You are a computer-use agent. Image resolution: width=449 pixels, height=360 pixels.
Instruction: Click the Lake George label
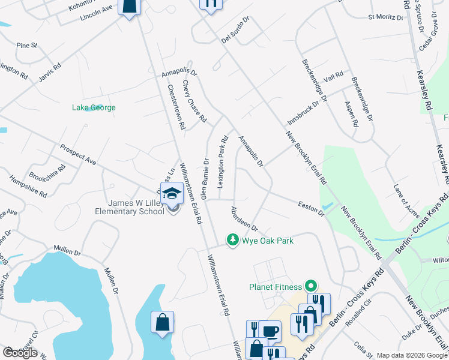click(94, 108)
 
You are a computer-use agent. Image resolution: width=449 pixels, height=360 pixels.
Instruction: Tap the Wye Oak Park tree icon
click(232, 240)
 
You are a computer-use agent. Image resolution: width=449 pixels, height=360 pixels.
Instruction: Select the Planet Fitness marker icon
click(310, 287)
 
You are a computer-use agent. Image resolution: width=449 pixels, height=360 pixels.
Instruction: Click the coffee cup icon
click(270, 331)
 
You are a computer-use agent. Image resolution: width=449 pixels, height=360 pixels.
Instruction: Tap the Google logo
click(20, 353)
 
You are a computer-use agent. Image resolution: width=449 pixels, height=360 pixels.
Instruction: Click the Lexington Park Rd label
click(222, 162)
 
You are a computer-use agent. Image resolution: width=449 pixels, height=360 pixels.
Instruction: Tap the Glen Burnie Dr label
click(205, 179)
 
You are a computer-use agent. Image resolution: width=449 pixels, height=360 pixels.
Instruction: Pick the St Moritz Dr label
click(385, 18)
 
